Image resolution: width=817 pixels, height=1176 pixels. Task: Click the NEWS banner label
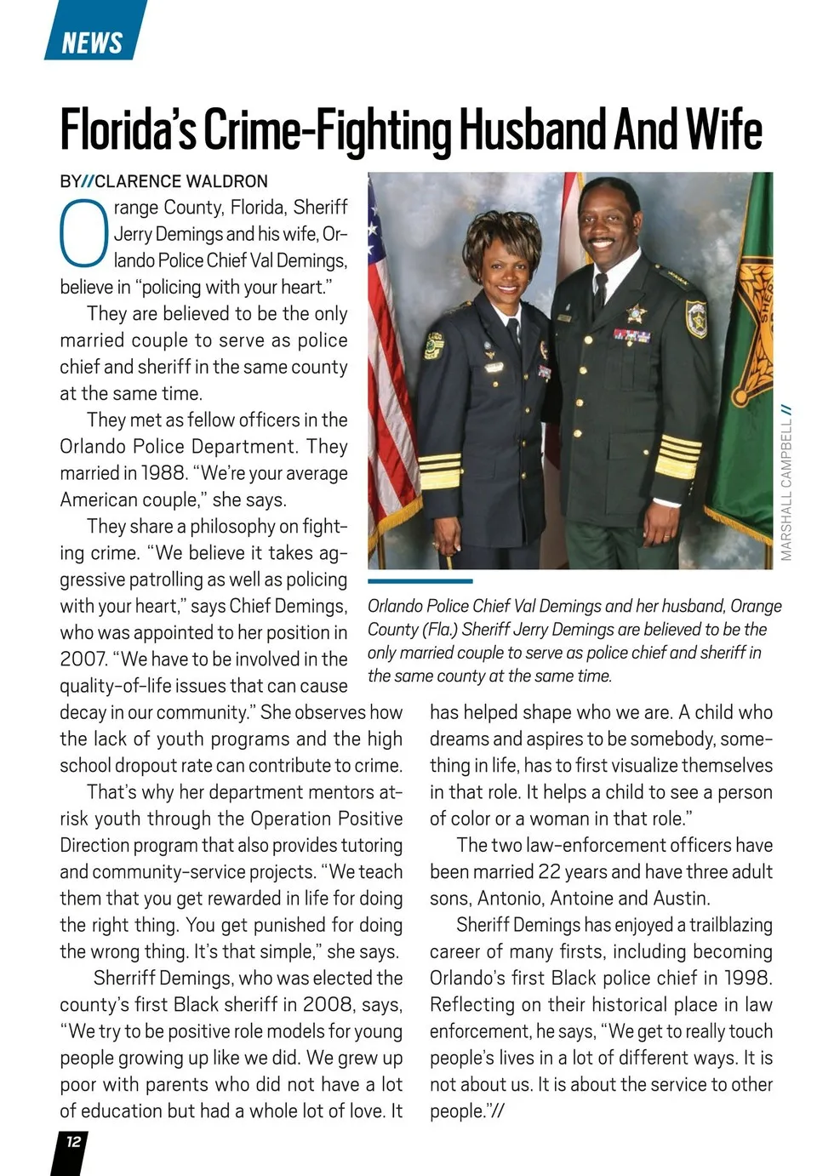(92, 42)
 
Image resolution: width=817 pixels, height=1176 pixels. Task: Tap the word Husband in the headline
(534, 130)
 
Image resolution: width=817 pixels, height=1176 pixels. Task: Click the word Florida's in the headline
(128, 130)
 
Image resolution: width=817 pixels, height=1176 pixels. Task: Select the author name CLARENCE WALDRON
(181, 181)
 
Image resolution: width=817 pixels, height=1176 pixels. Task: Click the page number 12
(73, 1141)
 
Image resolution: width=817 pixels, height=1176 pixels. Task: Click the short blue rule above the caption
(420, 581)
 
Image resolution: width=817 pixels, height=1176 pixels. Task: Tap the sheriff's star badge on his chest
(635, 314)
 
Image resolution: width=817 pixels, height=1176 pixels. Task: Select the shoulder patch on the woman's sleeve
(434, 345)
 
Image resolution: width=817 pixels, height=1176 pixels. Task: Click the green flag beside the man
(745, 357)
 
